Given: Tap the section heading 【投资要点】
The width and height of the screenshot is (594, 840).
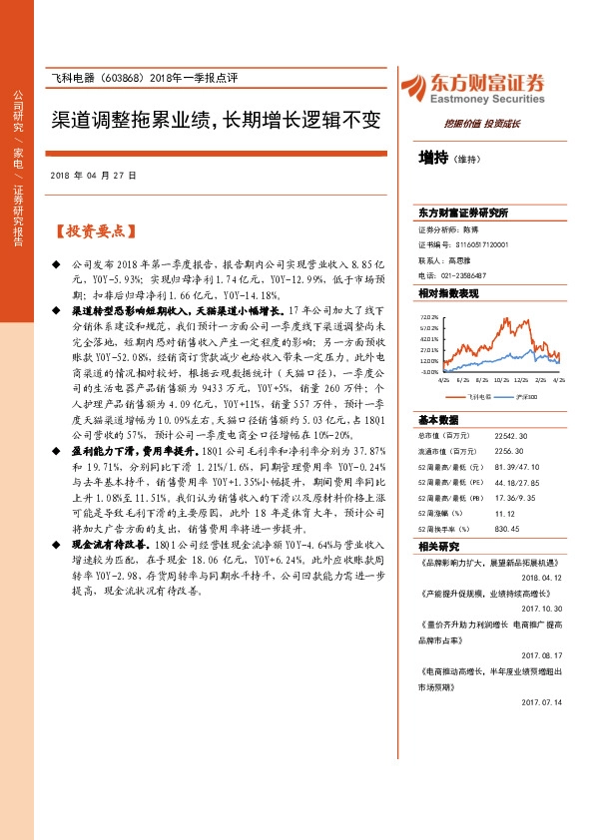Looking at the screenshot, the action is pos(93,231).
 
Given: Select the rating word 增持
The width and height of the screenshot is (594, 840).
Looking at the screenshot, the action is pos(433,157).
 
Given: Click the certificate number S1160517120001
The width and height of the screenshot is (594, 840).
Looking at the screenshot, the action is pos(468,243).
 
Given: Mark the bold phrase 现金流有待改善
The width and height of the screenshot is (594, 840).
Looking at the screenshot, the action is pos(109,547).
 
